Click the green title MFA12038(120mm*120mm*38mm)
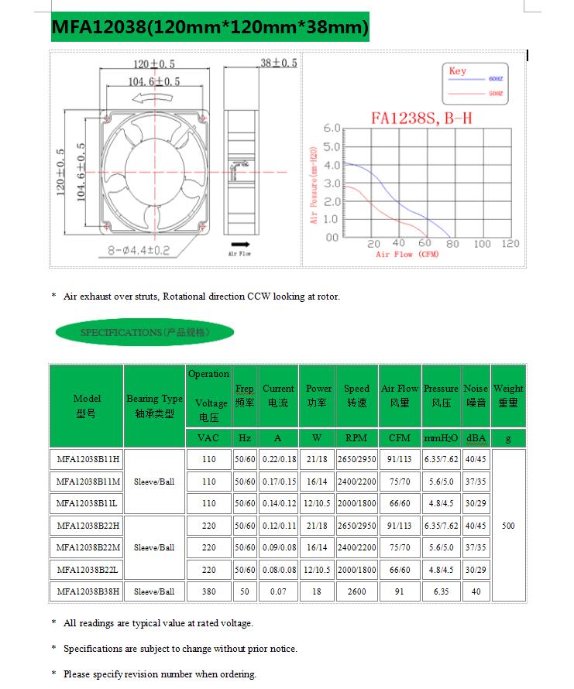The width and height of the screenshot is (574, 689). coord(209,28)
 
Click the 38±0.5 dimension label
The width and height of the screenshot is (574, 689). coord(279,63)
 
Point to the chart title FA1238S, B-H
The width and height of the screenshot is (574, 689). coord(421,118)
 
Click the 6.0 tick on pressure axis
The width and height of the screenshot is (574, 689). coord(332,128)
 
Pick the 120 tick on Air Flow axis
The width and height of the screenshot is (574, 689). coord(510,244)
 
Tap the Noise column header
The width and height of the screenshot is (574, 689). coord(476,395)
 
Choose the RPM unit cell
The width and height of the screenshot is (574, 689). coord(356,438)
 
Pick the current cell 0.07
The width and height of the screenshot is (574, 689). coord(278,591)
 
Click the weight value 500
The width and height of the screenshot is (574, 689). coord(508,526)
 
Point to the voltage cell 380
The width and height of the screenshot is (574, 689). coord(209,591)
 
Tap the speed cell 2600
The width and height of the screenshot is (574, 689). coord(356,591)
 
